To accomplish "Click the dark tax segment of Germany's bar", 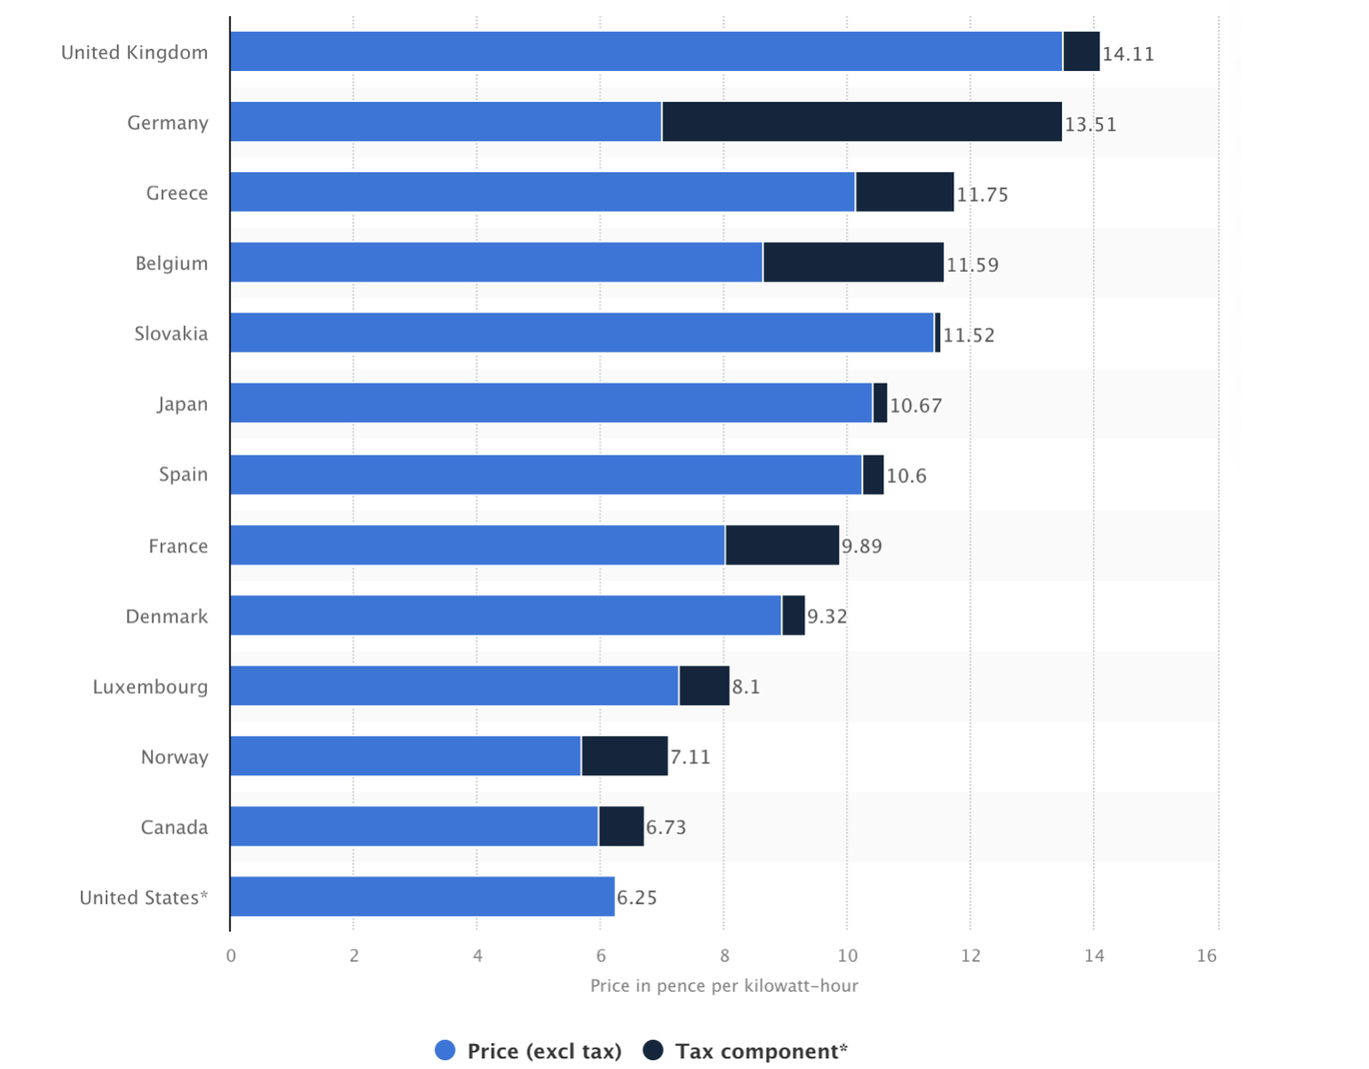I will click(861, 122).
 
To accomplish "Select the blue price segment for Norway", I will click(405, 756).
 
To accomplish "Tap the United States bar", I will click(422, 897).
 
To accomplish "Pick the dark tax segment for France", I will click(782, 545).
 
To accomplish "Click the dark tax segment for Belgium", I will click(853, 263).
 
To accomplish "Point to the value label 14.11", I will click(1128, 54).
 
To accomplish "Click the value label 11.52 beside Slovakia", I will click(969, 336).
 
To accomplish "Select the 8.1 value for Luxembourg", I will click(746, 687).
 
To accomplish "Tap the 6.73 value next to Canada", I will click(666, 827).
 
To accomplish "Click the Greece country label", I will click(177, 194).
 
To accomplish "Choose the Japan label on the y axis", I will click(182, 404).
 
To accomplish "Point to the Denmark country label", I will click(167, 616).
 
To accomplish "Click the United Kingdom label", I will click(134, 52).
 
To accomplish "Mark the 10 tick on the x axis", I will click(847, 955).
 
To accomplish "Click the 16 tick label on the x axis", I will click(1207, 955).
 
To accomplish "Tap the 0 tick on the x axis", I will click(231, 955).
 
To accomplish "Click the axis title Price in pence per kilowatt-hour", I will click(724, 986).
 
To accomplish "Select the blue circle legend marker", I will click(446, 1050).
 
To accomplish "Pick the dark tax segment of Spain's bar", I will click(873, 474).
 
